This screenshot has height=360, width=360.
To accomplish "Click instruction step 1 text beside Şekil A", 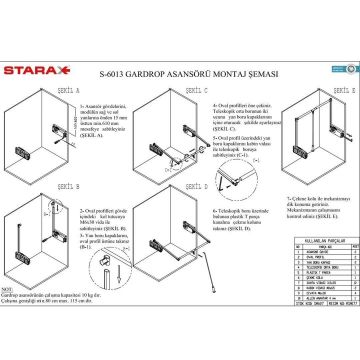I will click(x=105, y=126).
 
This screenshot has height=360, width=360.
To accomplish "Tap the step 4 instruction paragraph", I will click(x=241, y=118).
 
